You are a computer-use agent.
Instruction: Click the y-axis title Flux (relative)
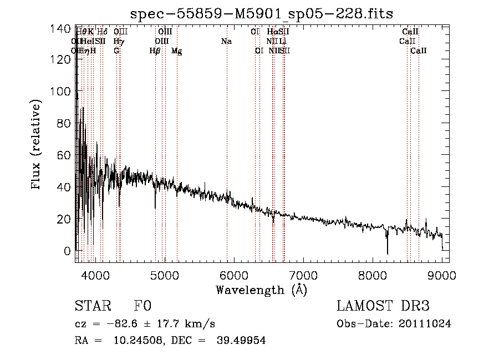click(x=37, y=145)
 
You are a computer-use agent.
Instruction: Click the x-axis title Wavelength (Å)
click(x=261, y=290)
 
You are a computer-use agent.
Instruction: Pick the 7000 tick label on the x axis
click(x=303, y=275)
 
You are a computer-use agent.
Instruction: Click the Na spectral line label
click(x=226, y=41)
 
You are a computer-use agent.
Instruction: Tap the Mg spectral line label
click(x=176, y=51)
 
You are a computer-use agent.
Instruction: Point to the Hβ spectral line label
click(x=155, y=51)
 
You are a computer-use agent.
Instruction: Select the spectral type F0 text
click(x=142, y=307)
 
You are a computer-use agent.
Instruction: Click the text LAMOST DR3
click(x=383, y=307)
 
